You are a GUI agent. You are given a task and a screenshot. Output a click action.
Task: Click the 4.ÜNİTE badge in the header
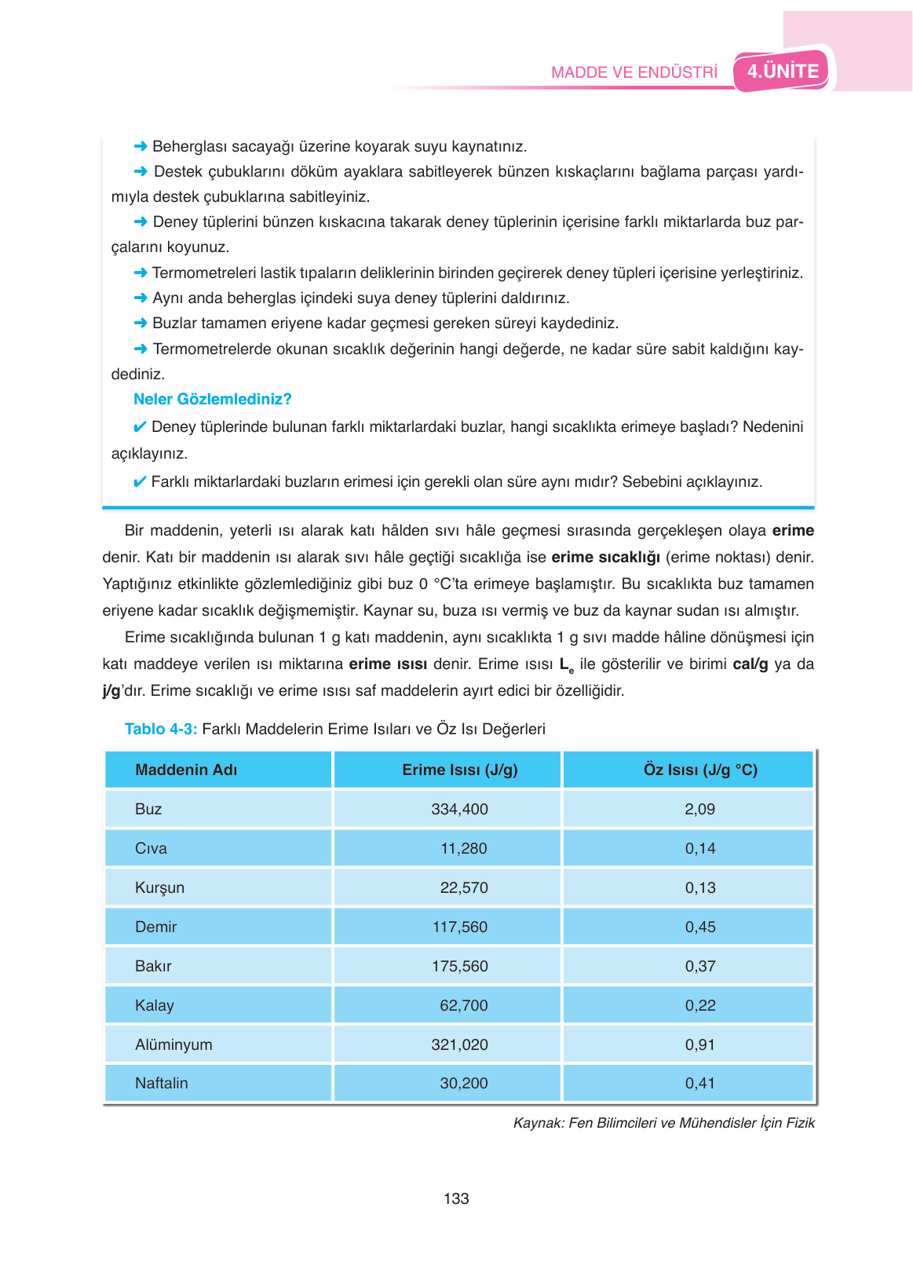point(783,71)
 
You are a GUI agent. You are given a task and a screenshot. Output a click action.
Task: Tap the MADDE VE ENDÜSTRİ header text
point(634,72)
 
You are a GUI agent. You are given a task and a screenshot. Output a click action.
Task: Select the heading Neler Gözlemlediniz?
point(213,399)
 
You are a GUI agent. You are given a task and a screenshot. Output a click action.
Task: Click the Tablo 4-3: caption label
point(161,729)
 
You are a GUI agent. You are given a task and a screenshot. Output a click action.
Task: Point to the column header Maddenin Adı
point(186,770)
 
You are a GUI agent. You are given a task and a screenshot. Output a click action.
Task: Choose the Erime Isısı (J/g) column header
point(460,770)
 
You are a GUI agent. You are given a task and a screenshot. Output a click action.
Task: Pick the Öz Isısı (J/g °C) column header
point(700,770)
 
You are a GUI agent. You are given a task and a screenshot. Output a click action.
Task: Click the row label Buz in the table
point(148,809)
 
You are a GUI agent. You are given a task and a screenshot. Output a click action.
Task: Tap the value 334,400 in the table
point(460,809)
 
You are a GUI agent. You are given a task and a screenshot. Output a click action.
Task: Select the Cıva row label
point(151,848)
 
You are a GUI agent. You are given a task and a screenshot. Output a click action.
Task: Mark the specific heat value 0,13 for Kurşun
point(700,887)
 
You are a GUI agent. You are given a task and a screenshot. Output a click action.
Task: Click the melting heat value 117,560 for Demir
point(460,927)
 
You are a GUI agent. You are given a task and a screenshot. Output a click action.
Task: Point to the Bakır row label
point(153,966)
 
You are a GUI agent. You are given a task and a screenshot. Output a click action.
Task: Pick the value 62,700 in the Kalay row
point(464,1005)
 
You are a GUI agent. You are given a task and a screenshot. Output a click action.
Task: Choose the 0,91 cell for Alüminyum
point(700,1044)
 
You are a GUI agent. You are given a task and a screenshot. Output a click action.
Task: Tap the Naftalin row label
point(162,1083)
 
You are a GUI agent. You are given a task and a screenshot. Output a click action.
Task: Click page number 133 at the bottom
point(456,1198)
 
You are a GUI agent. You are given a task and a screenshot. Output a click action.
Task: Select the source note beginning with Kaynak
point(664,1123)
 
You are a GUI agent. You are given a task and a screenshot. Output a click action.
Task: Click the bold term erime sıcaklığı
point(605,558)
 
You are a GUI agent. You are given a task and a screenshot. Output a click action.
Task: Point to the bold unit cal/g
point(750,664)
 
